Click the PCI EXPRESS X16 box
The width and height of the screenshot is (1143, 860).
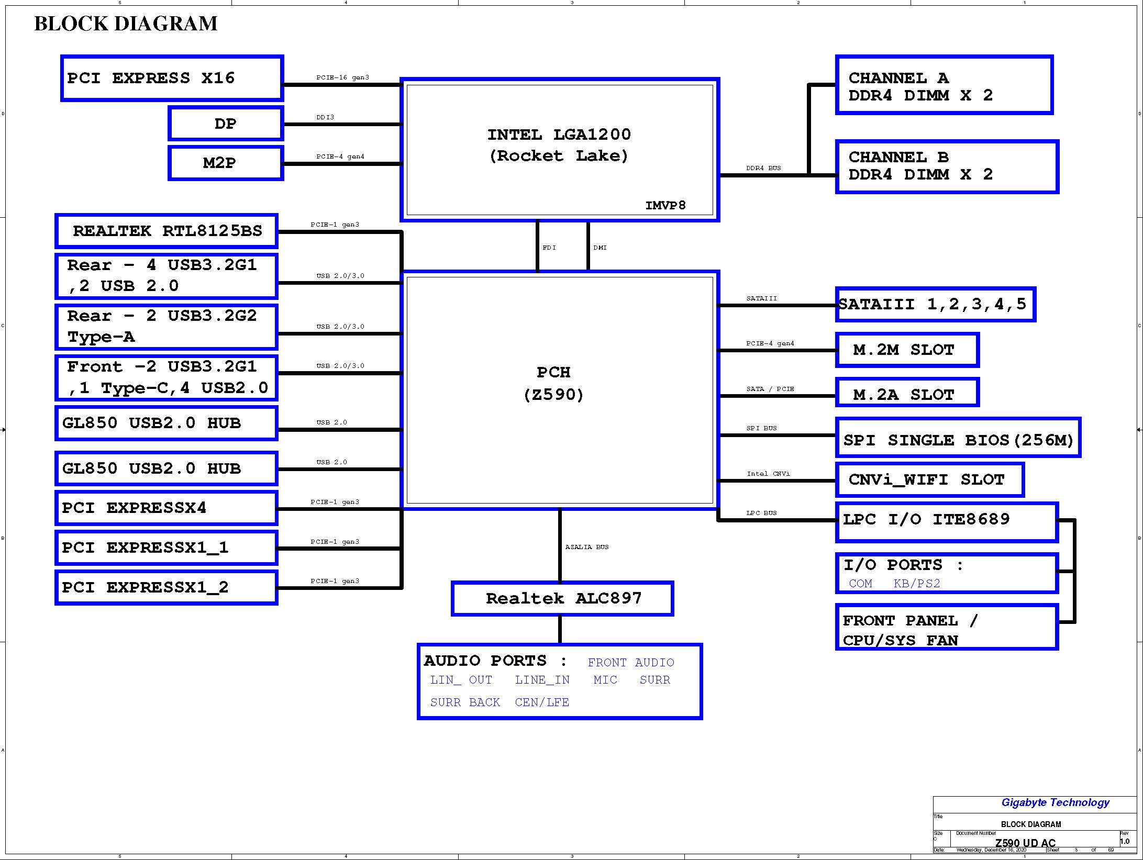pos(172,78)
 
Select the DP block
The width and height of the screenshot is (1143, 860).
pos(226,124)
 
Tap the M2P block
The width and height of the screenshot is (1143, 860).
pos(226,163)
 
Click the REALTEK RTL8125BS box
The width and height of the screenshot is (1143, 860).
pos(167,231)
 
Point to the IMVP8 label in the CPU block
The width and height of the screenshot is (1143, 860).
pos(665,205)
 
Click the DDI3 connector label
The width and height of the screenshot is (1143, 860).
pos(325,117)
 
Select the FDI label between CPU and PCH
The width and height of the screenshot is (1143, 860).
pos(549,248)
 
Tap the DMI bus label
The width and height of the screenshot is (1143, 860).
pos(600,248)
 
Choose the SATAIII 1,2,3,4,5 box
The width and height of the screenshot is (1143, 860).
pos(936,304)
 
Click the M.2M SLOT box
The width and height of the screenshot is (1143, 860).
pos(907,350)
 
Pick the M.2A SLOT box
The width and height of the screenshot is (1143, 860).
pos(907,393)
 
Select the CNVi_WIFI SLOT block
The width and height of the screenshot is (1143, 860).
pos(929,479)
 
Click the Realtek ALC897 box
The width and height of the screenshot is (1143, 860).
pos(562,598)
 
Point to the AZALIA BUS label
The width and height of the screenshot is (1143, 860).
pos(587,547)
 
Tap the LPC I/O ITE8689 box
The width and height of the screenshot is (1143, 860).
pos(947,522)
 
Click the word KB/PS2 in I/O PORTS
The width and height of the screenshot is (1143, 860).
pos(917,583)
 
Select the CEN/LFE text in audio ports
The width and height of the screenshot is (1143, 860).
pos(542,702)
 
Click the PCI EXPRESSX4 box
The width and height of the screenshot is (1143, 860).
pos(167,508)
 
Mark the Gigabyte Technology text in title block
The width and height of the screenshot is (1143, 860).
pos(1055,802)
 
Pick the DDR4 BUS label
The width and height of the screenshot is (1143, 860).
pos(763,168)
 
